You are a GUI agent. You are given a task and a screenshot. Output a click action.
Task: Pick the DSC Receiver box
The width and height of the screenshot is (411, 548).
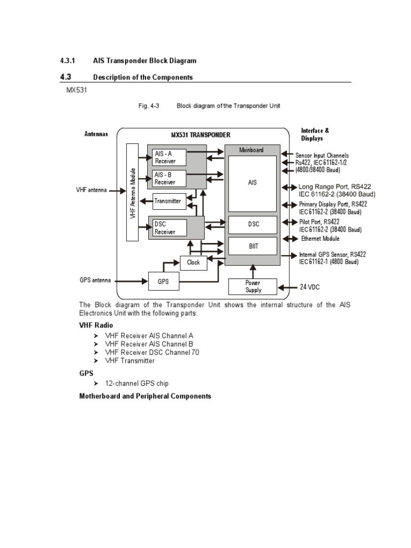(169, 228)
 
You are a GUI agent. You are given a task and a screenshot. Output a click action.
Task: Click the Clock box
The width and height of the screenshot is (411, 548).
(193, 262)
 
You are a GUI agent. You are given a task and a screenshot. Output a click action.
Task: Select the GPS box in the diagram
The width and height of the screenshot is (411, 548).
(163, 280)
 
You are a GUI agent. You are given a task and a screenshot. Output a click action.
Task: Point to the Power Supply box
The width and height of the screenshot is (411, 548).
(253, 286)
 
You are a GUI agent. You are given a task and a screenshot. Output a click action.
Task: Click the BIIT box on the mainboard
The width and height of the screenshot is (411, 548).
(253, 246)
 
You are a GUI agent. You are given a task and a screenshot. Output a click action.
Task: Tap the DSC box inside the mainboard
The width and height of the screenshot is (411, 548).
(253, 224)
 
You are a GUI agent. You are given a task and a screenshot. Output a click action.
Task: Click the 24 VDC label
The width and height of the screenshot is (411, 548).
(310, 287)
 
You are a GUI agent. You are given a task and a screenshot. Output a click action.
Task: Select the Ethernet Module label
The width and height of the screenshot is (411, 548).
(320, 239)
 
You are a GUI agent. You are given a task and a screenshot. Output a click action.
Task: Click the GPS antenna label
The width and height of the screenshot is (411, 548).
(95, 280)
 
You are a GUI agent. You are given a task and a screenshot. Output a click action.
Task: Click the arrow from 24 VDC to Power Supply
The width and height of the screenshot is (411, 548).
(288, 287)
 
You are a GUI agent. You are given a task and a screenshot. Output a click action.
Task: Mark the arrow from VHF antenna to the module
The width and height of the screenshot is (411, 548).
(117, 190)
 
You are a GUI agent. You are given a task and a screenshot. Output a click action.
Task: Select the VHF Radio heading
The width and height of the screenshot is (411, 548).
(96, 325)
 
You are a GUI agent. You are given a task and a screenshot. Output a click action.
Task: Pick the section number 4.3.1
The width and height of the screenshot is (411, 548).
(70, 61)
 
